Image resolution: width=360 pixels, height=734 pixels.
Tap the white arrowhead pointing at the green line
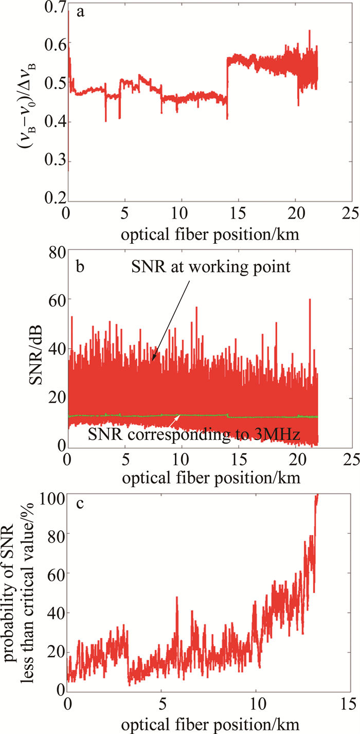click(x=178, y=416)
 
